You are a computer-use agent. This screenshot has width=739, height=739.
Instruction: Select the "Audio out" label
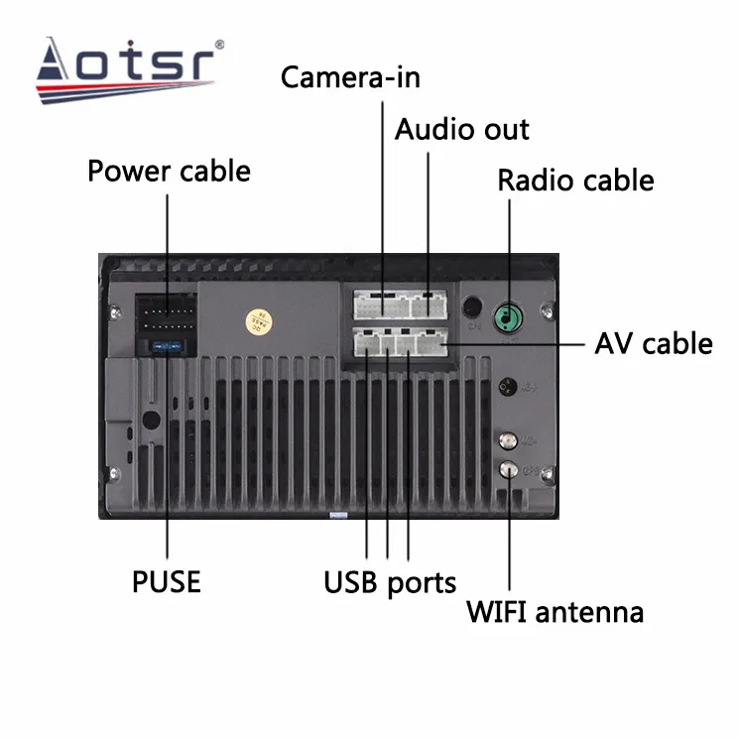tap(462, 129)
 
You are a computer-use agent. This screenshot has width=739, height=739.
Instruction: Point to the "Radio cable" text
tap(575, 181)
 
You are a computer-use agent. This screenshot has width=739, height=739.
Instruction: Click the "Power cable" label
tap(169, 171)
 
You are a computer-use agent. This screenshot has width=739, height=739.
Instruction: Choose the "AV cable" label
tap(653, 343)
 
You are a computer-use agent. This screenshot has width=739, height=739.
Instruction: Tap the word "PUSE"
tap(167, 580)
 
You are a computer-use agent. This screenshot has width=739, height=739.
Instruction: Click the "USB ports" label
tap(389, 582)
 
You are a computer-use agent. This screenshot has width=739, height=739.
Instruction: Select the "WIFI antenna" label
tap(554, 611)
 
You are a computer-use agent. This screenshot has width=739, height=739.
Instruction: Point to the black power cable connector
tap(165, 316)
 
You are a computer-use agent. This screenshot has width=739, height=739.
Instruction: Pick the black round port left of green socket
tap(473, 309)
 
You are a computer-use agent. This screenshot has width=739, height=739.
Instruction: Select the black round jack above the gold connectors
tap(508, 386)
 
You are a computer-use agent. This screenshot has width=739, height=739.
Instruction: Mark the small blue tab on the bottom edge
tap(337, 515)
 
